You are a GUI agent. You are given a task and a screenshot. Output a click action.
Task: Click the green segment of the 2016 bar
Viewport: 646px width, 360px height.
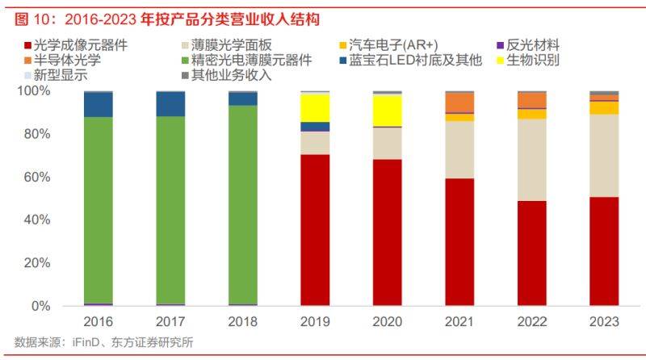click(x=98, y=210)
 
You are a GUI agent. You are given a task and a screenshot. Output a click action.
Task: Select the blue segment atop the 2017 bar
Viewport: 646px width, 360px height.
click(x=170, y=104)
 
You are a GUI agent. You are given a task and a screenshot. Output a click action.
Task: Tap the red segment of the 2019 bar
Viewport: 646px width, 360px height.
click(x=314, y=230)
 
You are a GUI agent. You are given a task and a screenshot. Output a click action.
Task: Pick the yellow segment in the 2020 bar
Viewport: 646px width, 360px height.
click(x=387, y=111)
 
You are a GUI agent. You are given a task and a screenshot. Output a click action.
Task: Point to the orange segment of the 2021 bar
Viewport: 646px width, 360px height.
click(x=459, y=102)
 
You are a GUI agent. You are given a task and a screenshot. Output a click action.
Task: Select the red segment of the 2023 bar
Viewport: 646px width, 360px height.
click(x=604, y=251)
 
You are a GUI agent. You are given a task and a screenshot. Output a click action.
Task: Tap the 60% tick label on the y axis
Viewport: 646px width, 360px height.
click(x=36, y=177)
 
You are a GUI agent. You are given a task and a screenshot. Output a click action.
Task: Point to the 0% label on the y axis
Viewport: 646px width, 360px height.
click(x=41, y=306)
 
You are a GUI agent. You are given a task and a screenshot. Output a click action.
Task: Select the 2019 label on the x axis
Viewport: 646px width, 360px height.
click(x=314, y=321)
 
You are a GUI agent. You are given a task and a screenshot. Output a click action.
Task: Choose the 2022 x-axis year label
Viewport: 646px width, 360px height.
click(x=532, y=321)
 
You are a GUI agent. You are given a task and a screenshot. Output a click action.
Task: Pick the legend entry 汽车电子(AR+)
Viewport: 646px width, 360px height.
click(x=401, y=45)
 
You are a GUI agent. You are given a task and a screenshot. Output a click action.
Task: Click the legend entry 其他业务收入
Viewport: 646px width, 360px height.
click(x=235, y=76)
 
